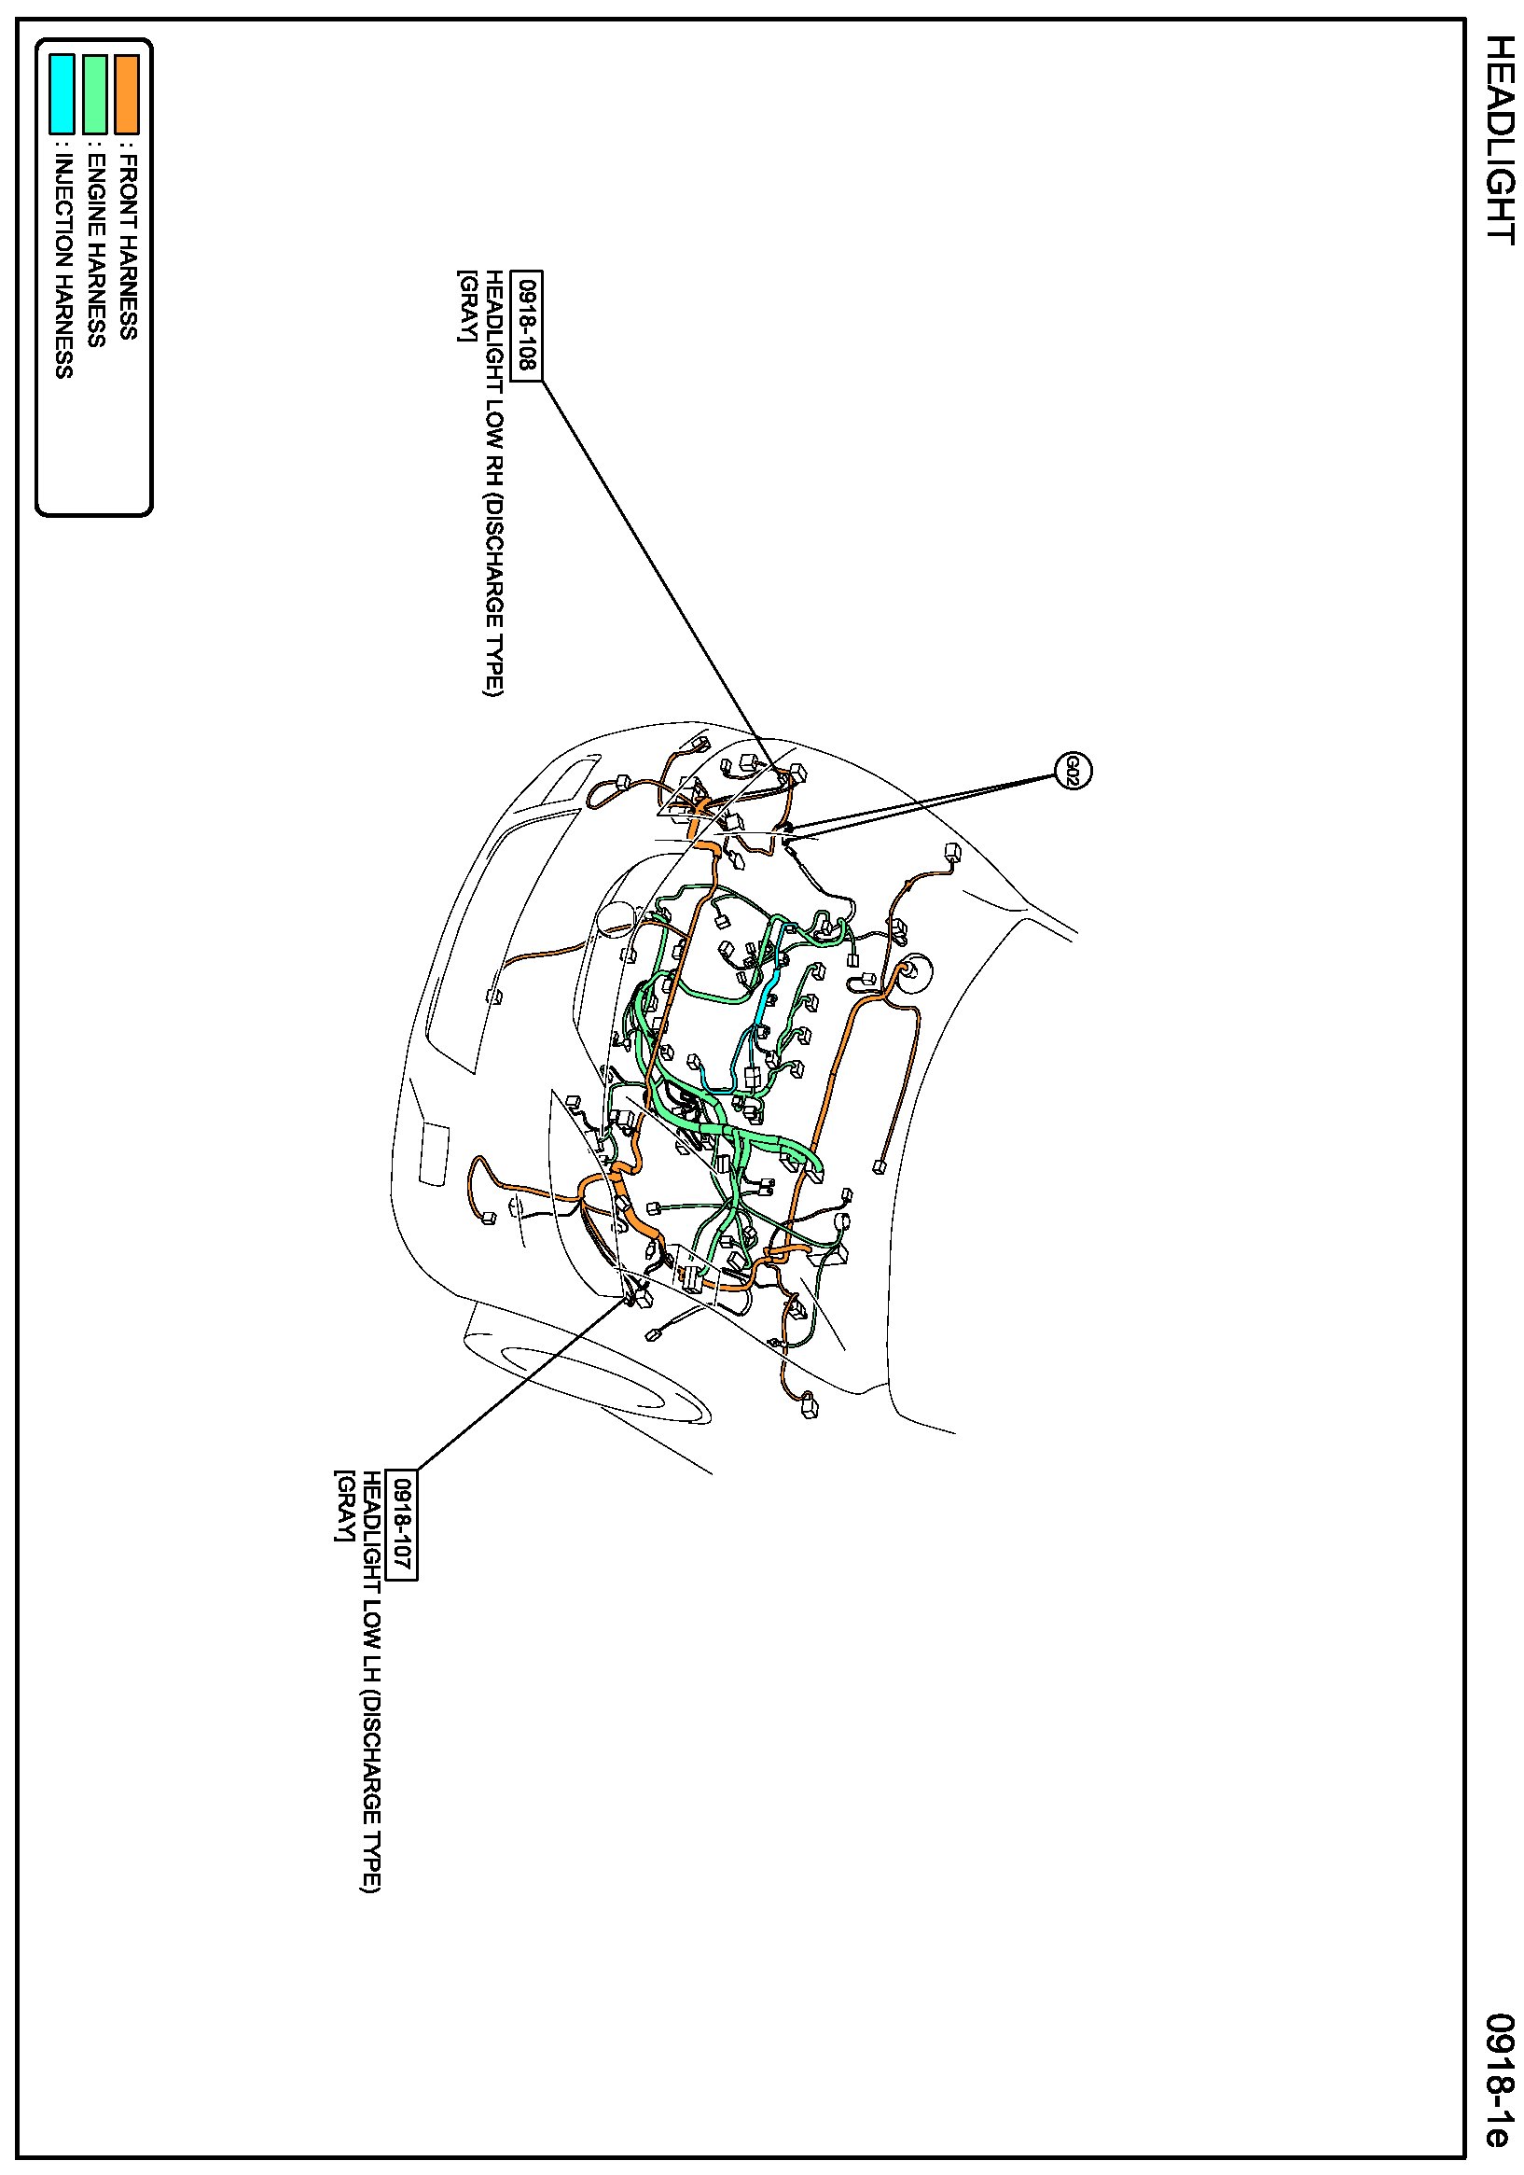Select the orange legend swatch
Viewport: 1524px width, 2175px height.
pyautogui.click(x=127, y=94)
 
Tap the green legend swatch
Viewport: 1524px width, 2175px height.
pyautogui.click(x=95, y=94)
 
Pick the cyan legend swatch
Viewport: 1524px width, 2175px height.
pyautogui.click(x=62, y=94)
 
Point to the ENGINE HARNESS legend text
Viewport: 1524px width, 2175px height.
pyautogui.click(x=96, y=250)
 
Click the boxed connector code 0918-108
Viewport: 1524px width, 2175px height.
pyautogui.click(x=527, y=326)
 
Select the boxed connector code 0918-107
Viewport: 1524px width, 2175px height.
pyautogui.click(x=403, y=1526)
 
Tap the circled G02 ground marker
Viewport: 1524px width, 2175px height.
pyautogui.click(x=1073, y=771)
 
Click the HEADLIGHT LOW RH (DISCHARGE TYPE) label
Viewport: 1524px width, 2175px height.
pyautogui.click(x=494, y=483)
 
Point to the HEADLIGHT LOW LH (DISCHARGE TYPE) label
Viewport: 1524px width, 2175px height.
pyautogui.click(x=371, y=1681)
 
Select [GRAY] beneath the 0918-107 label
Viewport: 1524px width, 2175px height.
pyautogui.click(x=342, y=1506)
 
